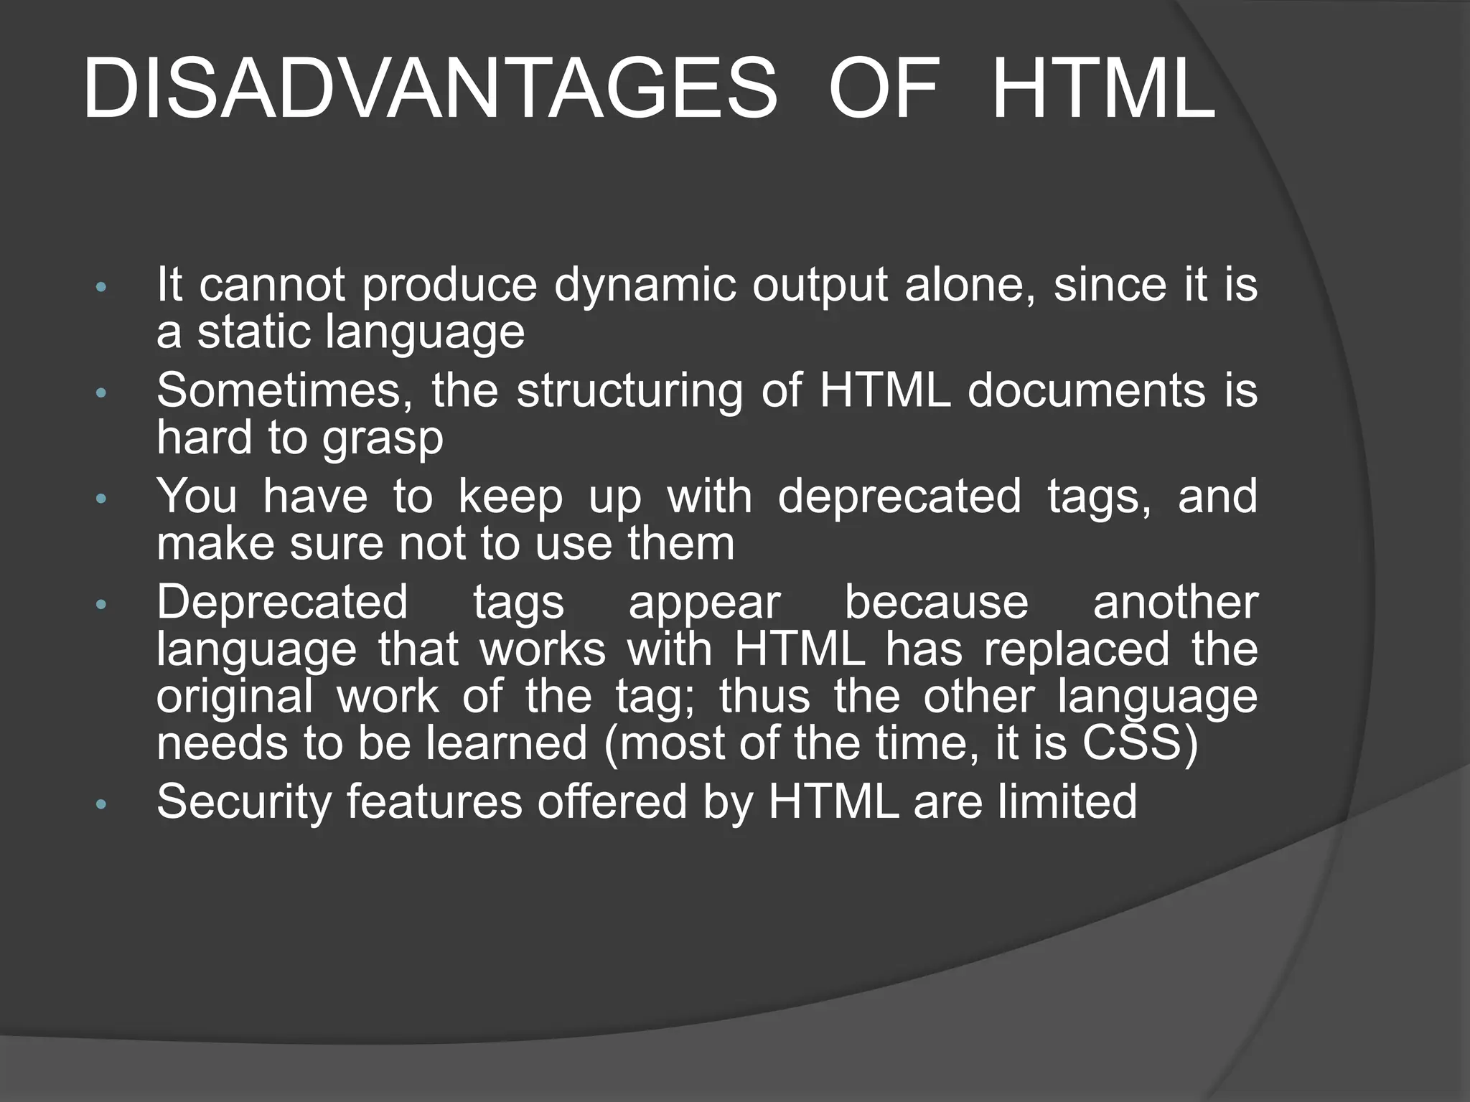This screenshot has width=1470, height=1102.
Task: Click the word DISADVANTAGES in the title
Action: click(429, 90)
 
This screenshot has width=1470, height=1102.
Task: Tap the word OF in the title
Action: click(884, 90)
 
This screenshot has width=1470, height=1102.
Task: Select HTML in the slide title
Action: click(1103, 90)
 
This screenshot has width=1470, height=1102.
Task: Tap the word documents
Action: click(1086, 391)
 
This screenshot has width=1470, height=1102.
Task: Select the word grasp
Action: click(382, 440)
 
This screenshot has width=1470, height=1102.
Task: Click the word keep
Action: click(510, 497)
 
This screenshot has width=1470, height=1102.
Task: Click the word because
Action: click(936, 602)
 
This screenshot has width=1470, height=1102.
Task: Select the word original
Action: click(235, 698)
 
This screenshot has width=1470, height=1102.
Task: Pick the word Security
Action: click(243, 802)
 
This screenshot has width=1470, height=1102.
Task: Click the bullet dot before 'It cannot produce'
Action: click(100, 288)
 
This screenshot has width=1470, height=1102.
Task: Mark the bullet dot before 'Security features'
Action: click(100, 804)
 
